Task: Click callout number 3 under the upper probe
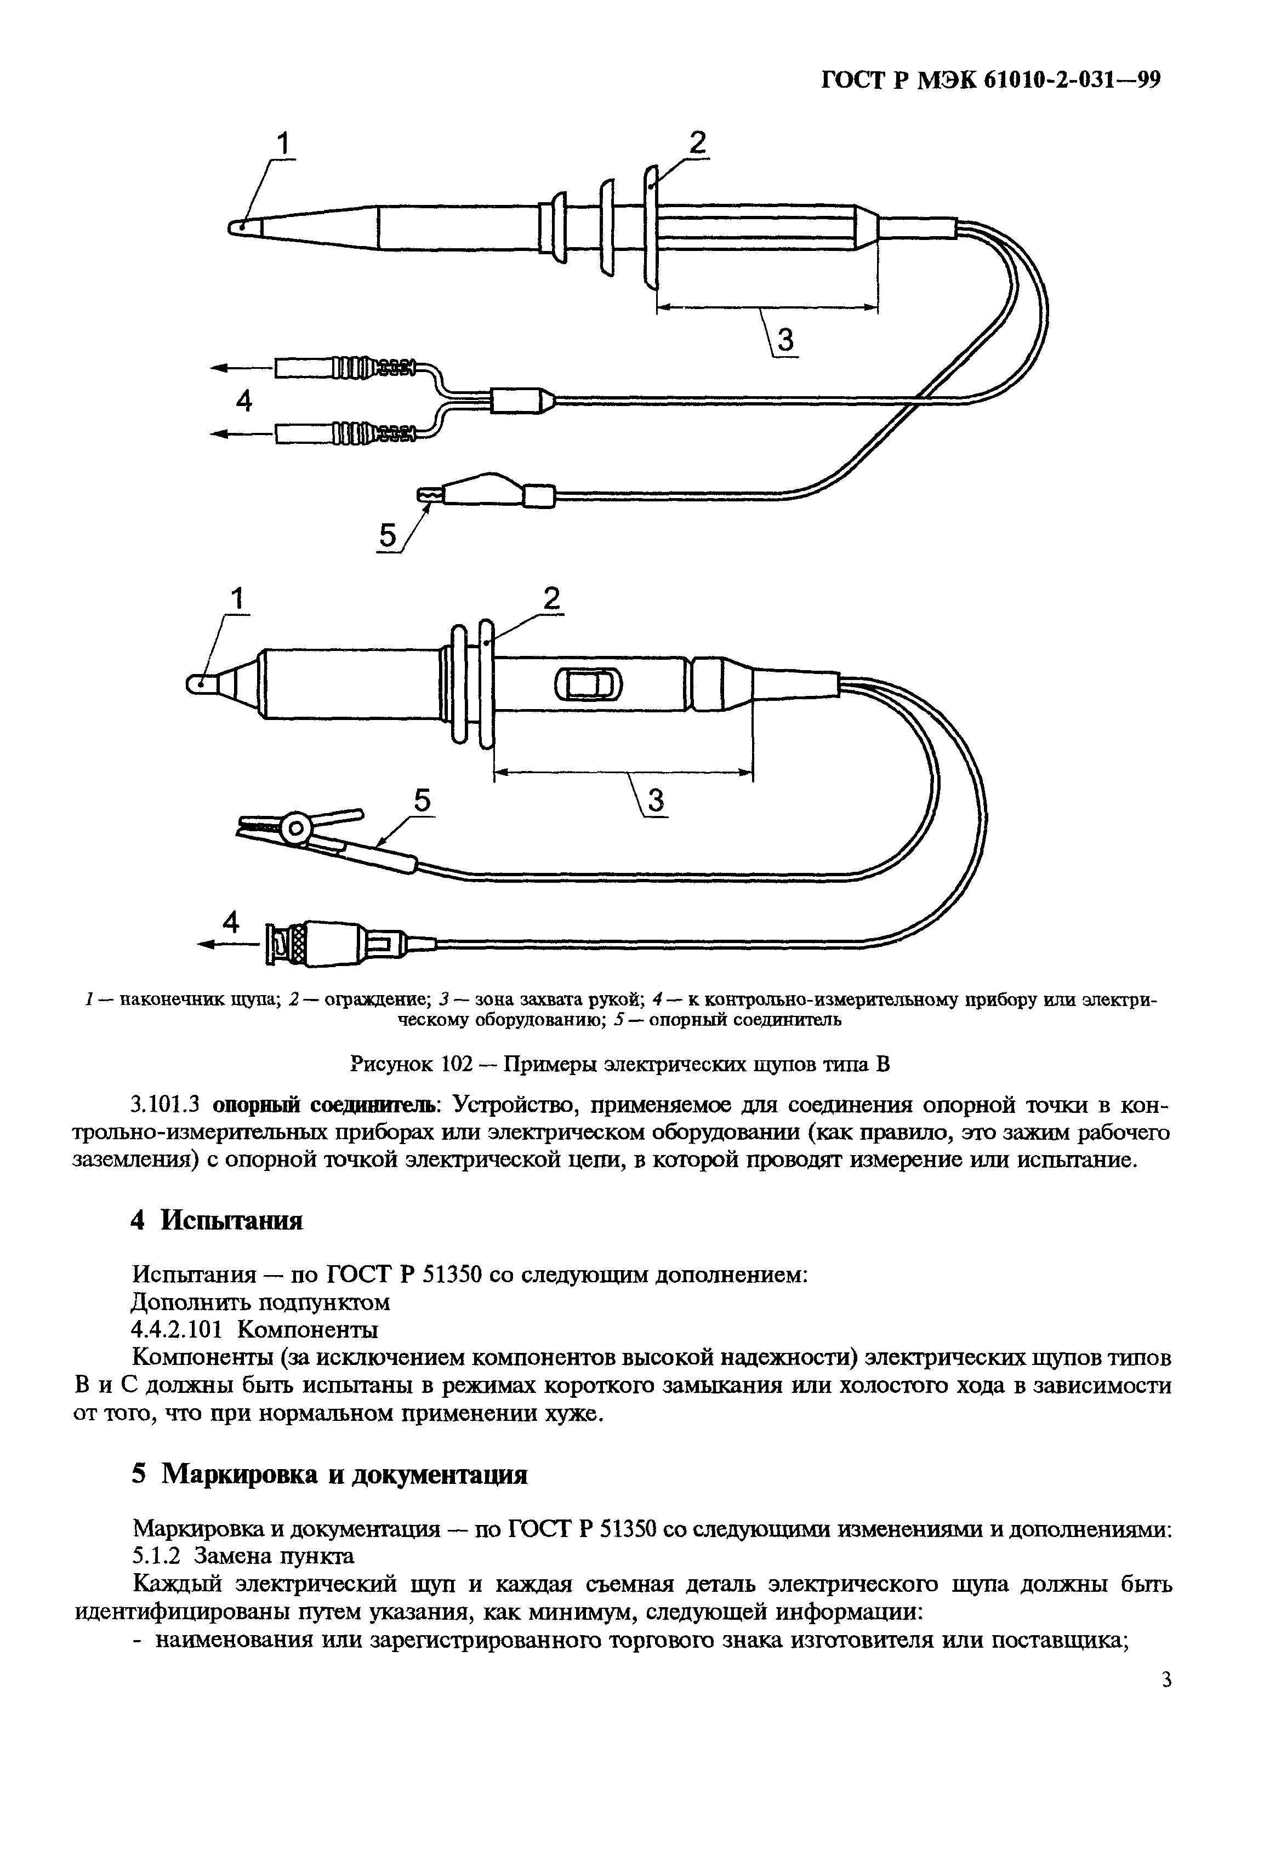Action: click(785, 340)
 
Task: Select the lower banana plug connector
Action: click(345, 434)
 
